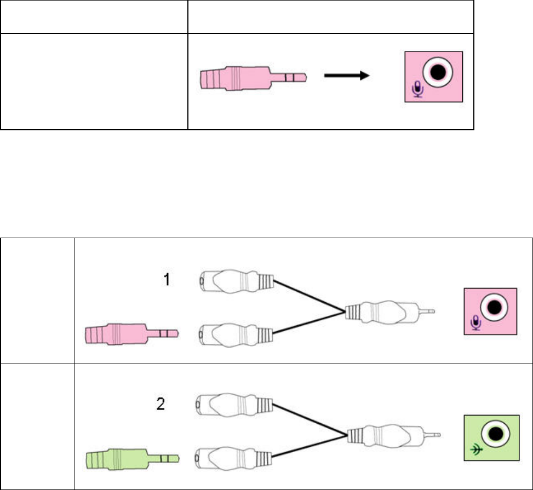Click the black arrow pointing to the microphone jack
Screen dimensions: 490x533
[345, 77]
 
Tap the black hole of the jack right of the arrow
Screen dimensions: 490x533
[438, 72]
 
